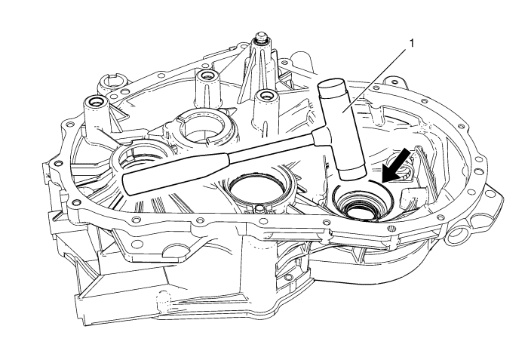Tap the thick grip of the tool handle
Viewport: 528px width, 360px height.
point(173,170)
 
